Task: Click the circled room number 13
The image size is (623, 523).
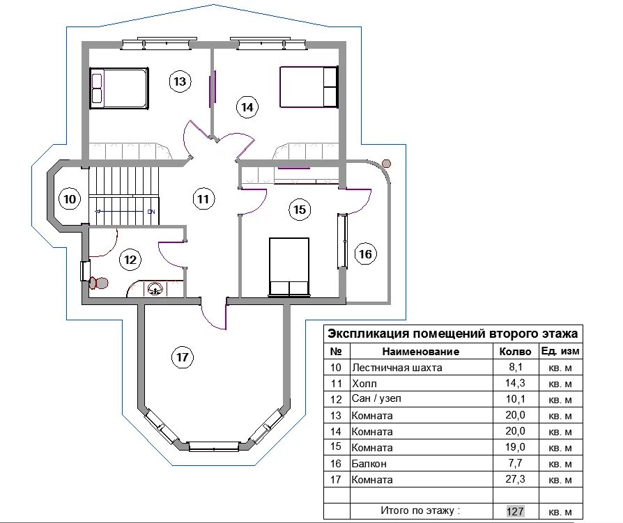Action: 180,81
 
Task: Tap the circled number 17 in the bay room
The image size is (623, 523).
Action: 183,357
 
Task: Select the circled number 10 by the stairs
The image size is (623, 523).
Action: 70,199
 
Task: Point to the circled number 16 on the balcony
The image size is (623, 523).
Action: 366,253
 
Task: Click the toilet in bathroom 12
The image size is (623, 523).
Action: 98,283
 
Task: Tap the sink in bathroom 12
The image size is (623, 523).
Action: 155,288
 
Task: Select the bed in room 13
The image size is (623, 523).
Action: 119,88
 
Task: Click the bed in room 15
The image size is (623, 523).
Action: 289,267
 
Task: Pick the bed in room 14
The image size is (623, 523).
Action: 309,87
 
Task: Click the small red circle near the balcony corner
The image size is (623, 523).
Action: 386,163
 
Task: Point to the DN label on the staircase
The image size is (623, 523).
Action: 151,212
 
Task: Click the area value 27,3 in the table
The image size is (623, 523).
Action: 515,479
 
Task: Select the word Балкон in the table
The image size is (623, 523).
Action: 369,463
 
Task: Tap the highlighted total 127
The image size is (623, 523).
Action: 515,510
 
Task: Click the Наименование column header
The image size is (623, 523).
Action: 421,352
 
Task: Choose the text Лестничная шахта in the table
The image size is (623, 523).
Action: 397,368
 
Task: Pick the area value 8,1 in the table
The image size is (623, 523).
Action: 515,367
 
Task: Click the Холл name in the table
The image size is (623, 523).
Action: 364,384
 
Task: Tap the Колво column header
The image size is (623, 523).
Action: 515,352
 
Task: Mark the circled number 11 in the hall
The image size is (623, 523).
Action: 203,199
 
